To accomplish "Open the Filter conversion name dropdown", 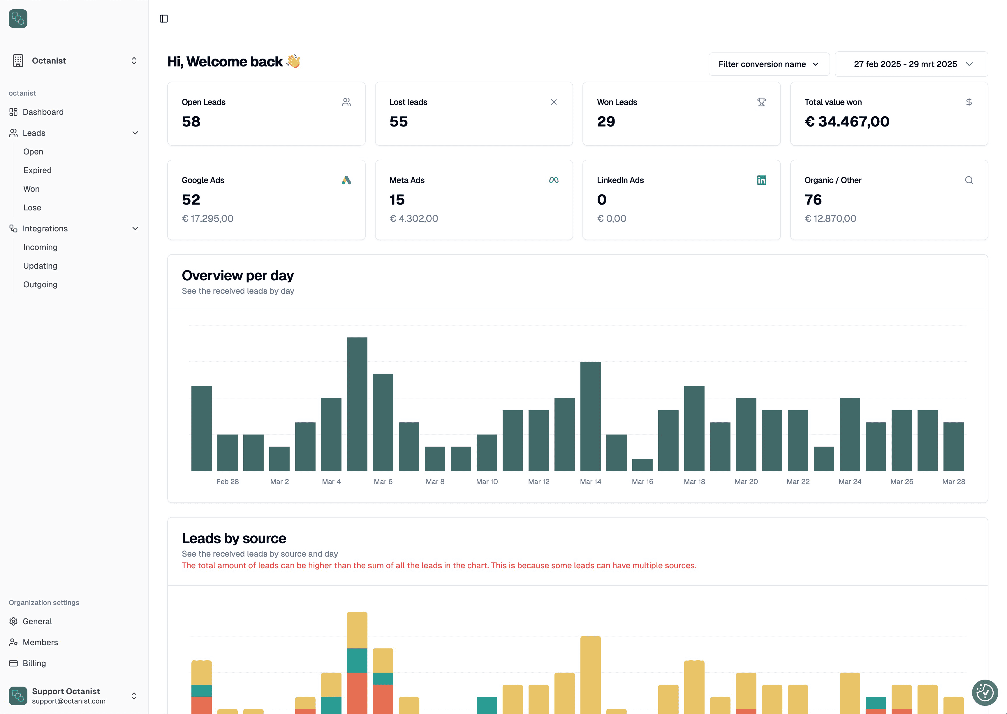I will (768, 64).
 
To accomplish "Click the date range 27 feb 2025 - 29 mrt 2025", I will (911, 64).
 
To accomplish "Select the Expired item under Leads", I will (37, 170).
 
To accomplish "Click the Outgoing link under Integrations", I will (40, 284).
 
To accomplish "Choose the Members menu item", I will (40, 642).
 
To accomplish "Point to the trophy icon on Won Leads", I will (761, 102).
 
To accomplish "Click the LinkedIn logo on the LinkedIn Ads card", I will (761, 180).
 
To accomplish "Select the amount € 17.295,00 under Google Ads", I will (207, 219).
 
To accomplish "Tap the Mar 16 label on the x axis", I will (642, 481).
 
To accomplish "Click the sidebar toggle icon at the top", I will (163, 18).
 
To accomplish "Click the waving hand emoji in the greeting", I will (293, 61).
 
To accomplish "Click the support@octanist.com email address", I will (68, 701).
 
